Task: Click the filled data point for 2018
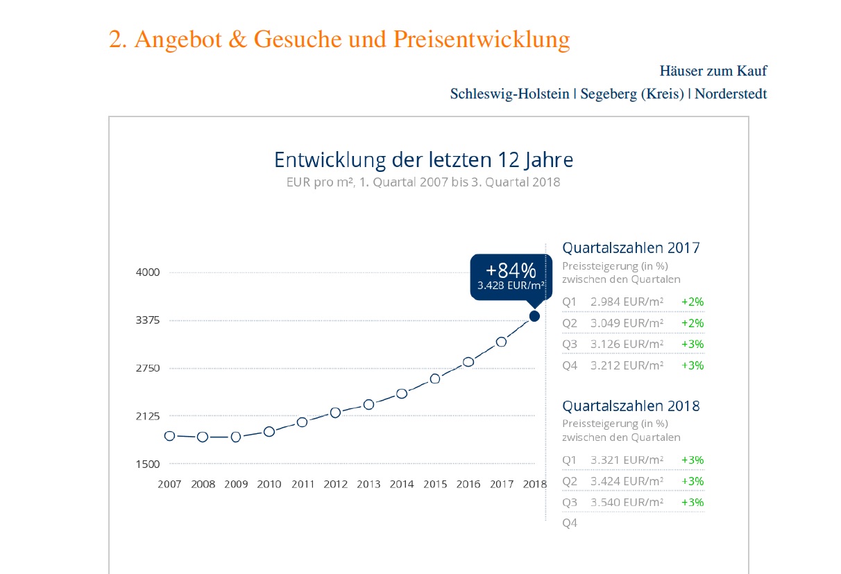(534, 316)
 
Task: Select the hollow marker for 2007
(169, 435)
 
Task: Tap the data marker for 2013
(368, 404)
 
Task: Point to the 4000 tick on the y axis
(148, 272)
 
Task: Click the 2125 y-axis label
(148, 416)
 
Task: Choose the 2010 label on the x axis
(269, 484)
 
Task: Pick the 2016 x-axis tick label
(468, 484)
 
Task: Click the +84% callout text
(511, 270)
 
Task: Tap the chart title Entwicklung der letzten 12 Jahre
(423, 160)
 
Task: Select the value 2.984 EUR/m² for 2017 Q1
(627, 302)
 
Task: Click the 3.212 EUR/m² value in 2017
(627, 365)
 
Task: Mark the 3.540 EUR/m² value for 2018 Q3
(627, 502)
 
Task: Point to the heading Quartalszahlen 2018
(631, 406)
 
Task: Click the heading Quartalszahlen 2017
(631, 247)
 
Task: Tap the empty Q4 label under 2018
(570, 523)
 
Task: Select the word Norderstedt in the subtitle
(731, 94)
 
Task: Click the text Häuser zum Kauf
(713, 71)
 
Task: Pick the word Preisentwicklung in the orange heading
(482, 40)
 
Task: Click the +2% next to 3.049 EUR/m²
(693, 323)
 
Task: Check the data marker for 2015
(435, 379)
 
